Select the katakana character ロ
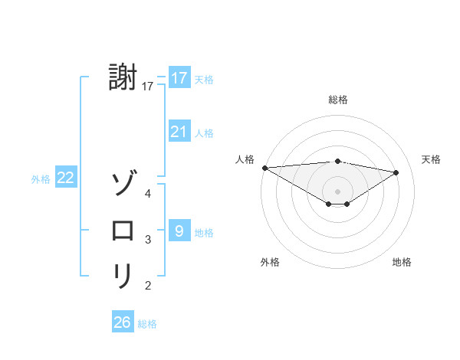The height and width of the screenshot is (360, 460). pos(123,230)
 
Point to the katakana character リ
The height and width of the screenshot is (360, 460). pos(123,276)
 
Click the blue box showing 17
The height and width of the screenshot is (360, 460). pos(179,78)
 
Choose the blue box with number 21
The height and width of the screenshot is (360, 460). pos(179,132)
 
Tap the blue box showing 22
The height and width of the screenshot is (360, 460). pos(65,178)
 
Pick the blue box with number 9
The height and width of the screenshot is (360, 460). pos(179,231)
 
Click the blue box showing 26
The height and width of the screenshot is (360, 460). pos(122,322)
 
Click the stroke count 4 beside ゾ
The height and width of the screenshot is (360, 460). pos(148,194)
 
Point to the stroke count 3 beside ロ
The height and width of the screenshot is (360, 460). pos(148,240)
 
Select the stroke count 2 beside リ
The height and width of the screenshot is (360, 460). pos(148,286)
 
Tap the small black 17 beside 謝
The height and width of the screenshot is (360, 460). pos(148,87)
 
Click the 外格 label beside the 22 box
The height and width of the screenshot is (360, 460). pos(41,179)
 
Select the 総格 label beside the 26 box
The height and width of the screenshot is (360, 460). pos(147,324)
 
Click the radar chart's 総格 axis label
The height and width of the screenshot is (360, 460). pos(337,100)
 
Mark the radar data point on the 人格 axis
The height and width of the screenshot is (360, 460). pos(264,167)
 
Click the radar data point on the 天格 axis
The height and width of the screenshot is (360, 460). pos(396,172)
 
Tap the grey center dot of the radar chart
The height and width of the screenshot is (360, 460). pos(337,191)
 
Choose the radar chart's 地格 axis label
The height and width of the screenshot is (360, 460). pos(402,262)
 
